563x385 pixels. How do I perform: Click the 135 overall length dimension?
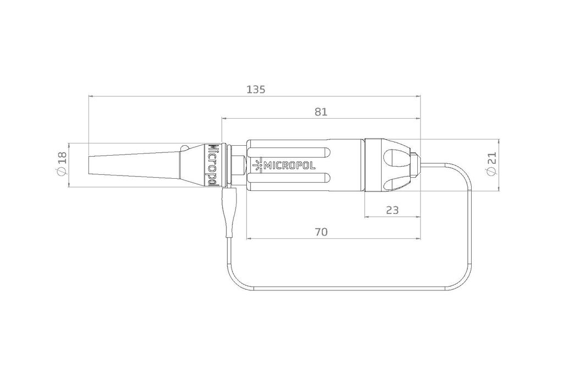[x=256, y=89]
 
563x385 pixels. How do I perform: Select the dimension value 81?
[x=321, y=112]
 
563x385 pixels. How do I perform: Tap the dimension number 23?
[x=392, y=210]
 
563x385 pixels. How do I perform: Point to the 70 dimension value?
[x=321, y=232]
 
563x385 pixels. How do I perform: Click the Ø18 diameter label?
[x=62, y=163]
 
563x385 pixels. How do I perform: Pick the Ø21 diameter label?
[x=492, y=163]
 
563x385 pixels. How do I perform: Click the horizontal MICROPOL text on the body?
[x=290, y=165]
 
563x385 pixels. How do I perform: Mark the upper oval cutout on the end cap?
[x=397, y=156]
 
